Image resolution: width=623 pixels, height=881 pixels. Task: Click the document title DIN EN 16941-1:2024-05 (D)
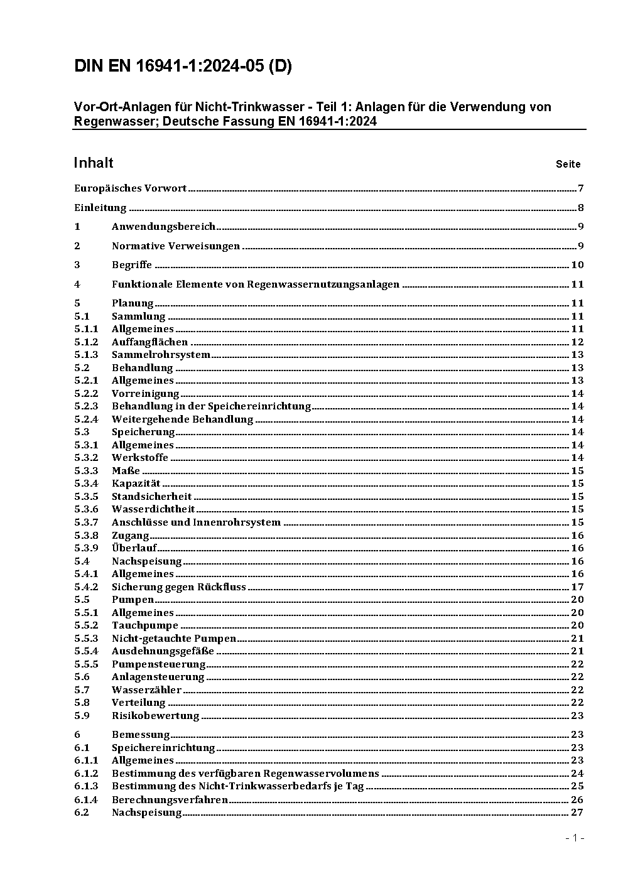click(183, 67)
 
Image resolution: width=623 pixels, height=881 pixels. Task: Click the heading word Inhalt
click(94, 163)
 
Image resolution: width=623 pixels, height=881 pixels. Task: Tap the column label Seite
click(568, 165)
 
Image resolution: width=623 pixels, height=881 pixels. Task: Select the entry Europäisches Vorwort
click(130, 188)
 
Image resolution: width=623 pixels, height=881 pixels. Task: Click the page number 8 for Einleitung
click(581, 208)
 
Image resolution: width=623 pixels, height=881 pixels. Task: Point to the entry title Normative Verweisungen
click(176, 246)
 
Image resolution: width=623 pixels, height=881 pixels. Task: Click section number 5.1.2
click(86, 342)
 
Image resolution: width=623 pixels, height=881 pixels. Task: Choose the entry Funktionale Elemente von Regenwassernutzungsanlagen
click(256, 284)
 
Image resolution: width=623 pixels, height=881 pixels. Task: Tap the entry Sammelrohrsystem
click(161, 355)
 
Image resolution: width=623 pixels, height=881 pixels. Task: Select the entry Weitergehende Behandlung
click(182, 419)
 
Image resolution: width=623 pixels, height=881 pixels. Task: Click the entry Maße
click(126, 471)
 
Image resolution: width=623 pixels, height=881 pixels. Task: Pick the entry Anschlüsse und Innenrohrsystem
click(196, 522)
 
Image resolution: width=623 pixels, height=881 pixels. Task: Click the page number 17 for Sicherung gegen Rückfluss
click(577, 587)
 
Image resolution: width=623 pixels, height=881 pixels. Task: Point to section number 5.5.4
click(86, 651)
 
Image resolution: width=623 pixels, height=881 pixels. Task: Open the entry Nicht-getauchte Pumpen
click(174, 639)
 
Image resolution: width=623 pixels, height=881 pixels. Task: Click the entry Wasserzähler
click(146, 690)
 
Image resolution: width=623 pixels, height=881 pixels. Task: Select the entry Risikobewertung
click(155, 716)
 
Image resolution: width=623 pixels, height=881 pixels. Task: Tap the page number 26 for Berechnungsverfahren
click(577, 799)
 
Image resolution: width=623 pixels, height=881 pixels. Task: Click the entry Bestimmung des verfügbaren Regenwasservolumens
click(246, 774)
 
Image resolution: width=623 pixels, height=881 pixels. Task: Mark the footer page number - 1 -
click(575, 838)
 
